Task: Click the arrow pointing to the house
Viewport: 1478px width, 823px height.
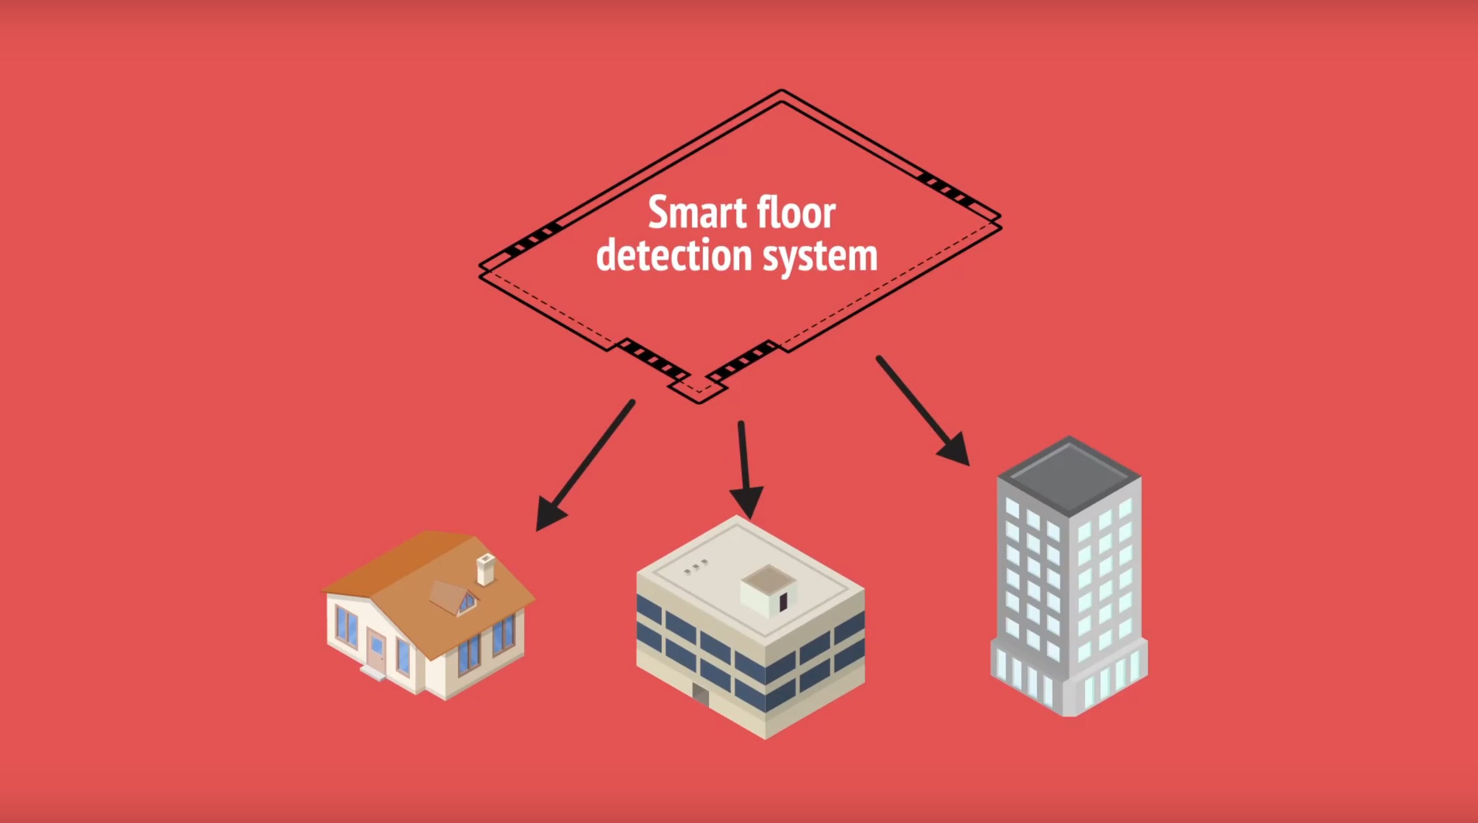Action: pos(584,465)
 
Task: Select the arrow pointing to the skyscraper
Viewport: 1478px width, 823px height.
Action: pos(922,411)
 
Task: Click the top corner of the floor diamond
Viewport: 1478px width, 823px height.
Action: pos(781,90)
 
